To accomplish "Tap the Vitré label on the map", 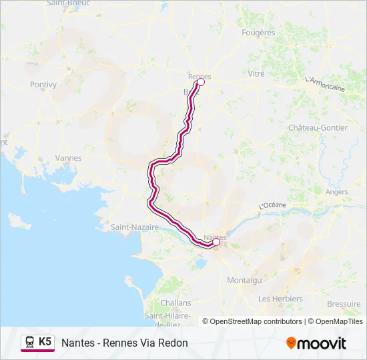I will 256,74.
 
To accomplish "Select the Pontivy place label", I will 43,85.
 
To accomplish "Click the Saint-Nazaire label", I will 135,227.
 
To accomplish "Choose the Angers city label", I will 336,192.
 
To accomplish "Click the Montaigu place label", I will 244,280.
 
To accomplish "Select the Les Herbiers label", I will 280,299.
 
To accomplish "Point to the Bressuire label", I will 344,303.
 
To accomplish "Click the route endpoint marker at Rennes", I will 200,83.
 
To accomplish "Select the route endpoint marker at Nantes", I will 216,243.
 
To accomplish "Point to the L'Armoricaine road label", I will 324,84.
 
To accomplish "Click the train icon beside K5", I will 30,342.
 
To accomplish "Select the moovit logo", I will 316,343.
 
